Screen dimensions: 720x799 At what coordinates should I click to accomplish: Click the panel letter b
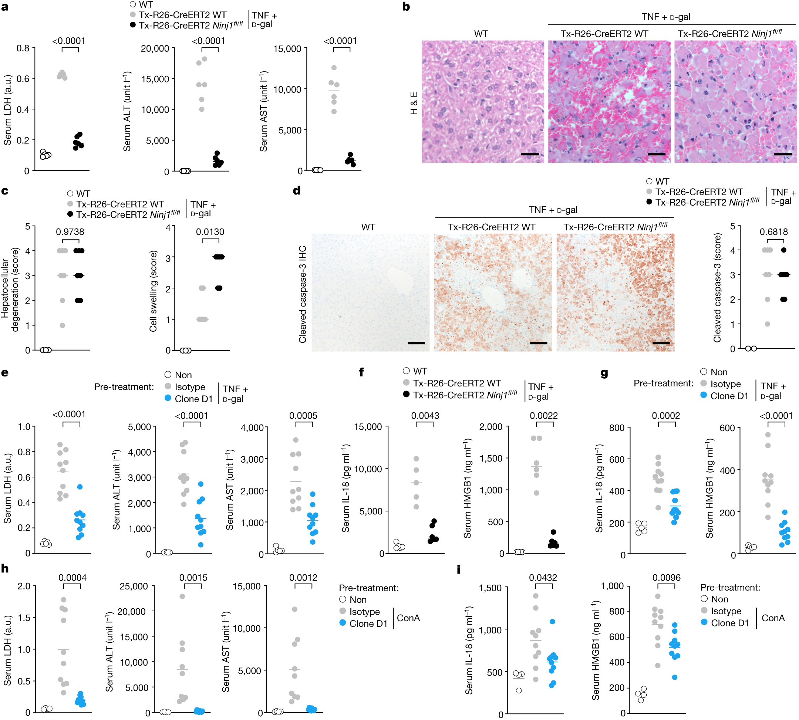pyautogui.click(x=406, y=7)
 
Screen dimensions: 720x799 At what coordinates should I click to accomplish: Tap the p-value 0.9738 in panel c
pyautogui.click(x=70, y=232)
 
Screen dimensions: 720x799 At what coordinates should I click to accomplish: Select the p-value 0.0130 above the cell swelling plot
pyautogui.click(x=210, y=232)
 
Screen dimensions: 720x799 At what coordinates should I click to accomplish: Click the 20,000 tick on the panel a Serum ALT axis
pyautogui.click(x=155, y=49)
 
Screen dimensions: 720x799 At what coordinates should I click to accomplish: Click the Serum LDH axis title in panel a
pyautogui.click(x=7, y=109)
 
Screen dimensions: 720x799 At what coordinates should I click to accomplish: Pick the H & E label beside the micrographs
pyautogui.click(x=414, y=103)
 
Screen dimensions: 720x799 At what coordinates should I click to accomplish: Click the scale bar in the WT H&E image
pyautogui.click(x=530, y=154)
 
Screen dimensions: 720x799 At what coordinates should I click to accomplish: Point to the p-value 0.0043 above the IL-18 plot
pyautogui.click(x=425, y=416)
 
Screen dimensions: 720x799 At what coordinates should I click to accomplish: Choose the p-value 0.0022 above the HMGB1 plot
pyautogui.click(x=544, y=416)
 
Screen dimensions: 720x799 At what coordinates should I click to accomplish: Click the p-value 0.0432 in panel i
pyautogui.click(x=543, y=578)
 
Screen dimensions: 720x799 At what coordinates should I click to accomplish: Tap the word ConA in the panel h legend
pyautogui.click(x=408, y=618)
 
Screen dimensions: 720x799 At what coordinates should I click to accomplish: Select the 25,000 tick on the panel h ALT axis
pyautogui.click(x=134, y=586)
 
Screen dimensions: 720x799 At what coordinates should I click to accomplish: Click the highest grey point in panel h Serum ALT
pyautogui.click(x=182, y=596)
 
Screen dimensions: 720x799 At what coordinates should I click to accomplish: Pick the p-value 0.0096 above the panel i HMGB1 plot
pyautogui.click(x=667, y=578)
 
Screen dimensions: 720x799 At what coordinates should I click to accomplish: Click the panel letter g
pyautogui.click(x=604, y=373)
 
